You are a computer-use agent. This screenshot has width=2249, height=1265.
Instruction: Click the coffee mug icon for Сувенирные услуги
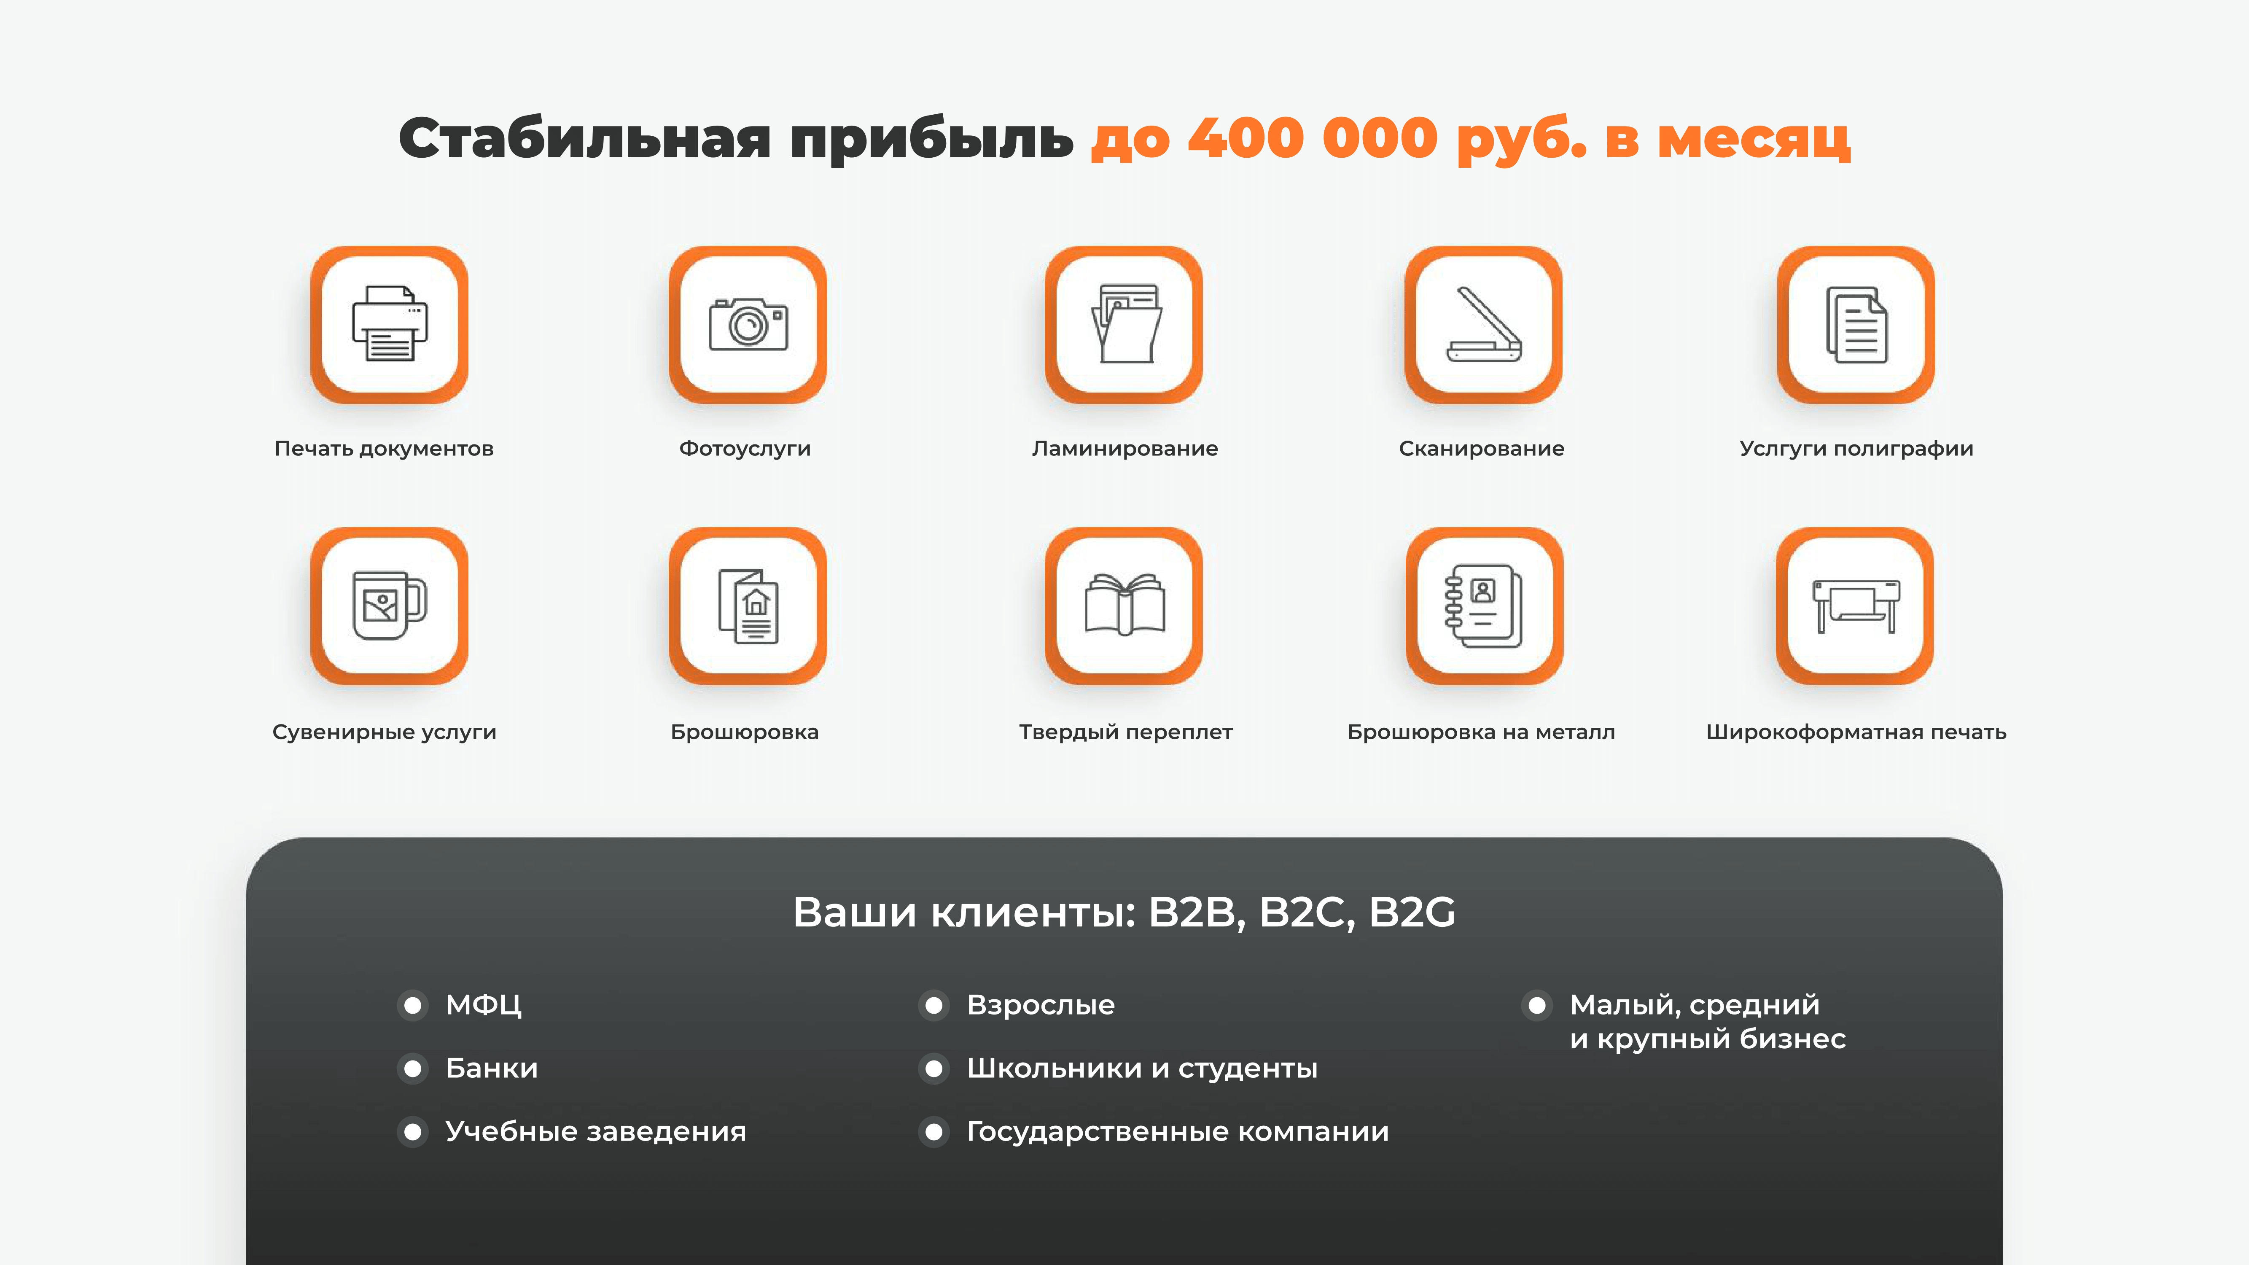pyautogui.click(x=390, y=605)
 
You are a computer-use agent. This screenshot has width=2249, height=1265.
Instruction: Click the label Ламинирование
pyautogui.click(x=1124, y=449)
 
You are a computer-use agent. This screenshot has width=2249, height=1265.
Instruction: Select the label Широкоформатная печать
pyautogui.click(x=1856, y=732)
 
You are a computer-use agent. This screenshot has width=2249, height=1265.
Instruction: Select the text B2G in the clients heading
pyautogui.click(x=1412, y=912)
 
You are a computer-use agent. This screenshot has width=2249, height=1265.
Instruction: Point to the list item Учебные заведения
pyautogui.click(x=595, y=1131)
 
